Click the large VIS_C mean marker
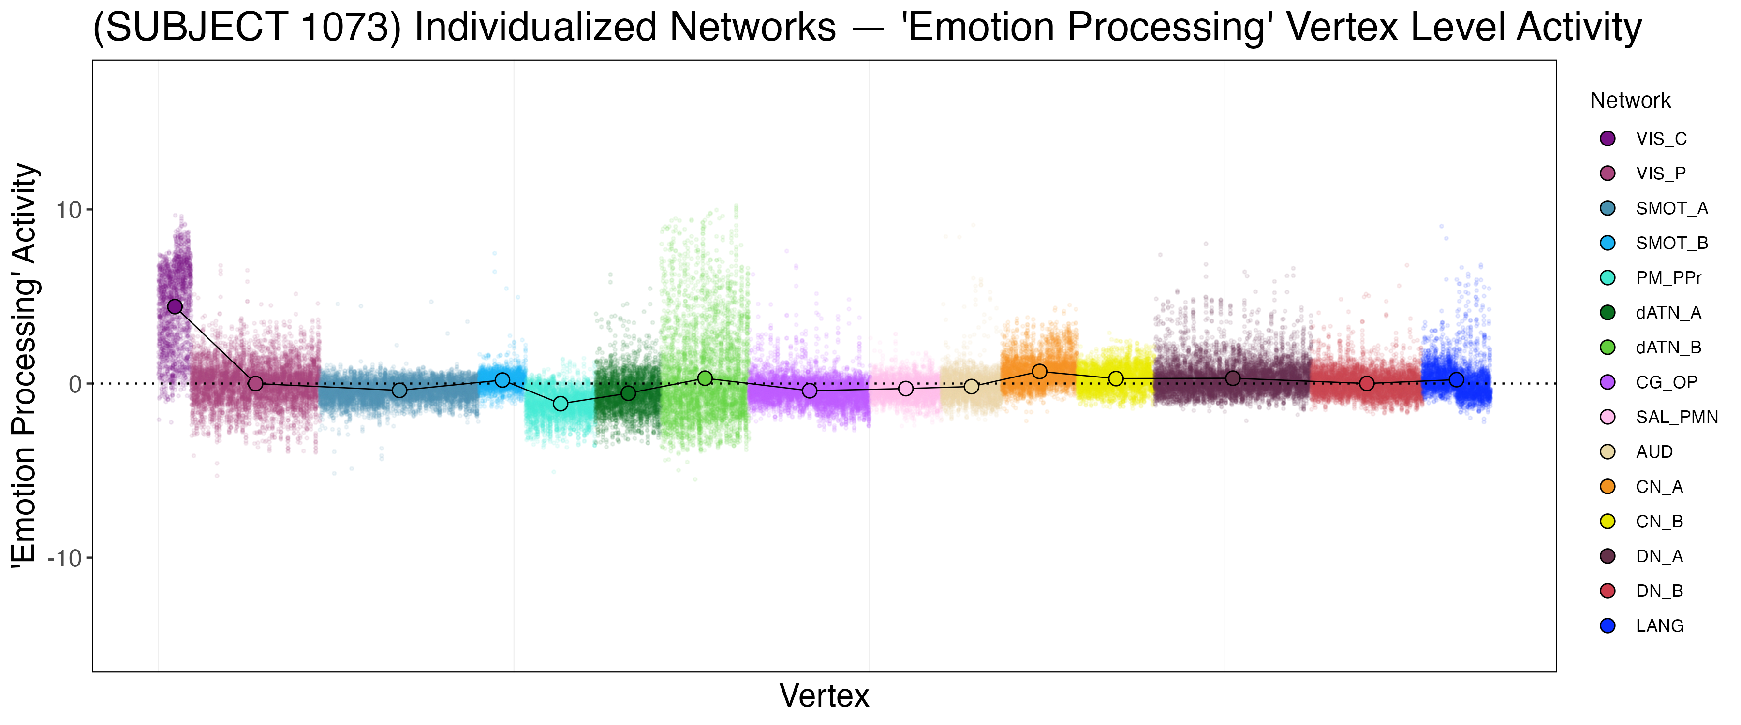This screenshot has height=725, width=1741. coord(175,307)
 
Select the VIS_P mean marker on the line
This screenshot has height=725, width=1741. coord(255,384)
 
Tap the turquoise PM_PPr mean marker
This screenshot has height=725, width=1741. coord(561,404)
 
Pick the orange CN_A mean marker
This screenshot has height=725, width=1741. coord(1039,372)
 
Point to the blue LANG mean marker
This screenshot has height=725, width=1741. coord(1457,380)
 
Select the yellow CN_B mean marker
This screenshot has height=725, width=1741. coord(1116,378)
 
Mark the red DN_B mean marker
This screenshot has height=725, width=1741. coord(1367,384)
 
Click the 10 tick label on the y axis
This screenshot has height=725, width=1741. coord(68,210)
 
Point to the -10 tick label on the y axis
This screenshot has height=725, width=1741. coord(64,558)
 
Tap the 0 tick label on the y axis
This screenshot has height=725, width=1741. coord(75,384)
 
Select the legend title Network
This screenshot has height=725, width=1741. coord(1630,101)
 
